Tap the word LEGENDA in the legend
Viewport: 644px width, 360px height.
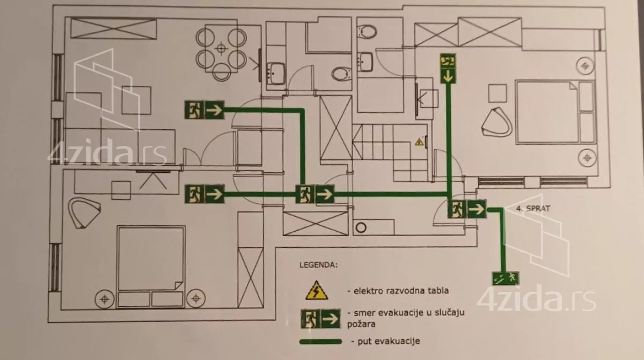319,265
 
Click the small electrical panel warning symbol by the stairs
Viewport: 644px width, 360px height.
419,143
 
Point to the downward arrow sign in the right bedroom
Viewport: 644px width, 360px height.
448,69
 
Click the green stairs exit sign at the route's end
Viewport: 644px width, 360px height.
505,277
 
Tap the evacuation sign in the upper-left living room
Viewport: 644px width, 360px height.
204,110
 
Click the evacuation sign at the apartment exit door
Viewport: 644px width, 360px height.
467,209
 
